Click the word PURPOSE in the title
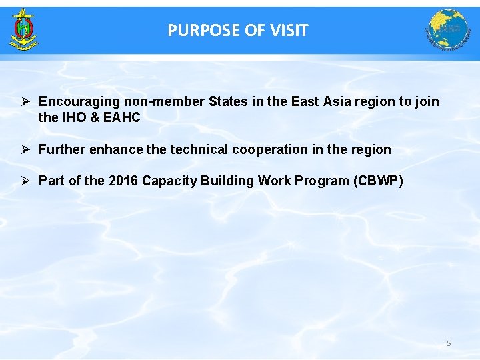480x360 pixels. point(194,31)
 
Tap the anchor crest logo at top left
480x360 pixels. point(24,30)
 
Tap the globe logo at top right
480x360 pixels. point(448,30)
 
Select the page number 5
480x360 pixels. point(449,343)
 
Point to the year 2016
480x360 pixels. point(123,181)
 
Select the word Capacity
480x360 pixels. point(169,181)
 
